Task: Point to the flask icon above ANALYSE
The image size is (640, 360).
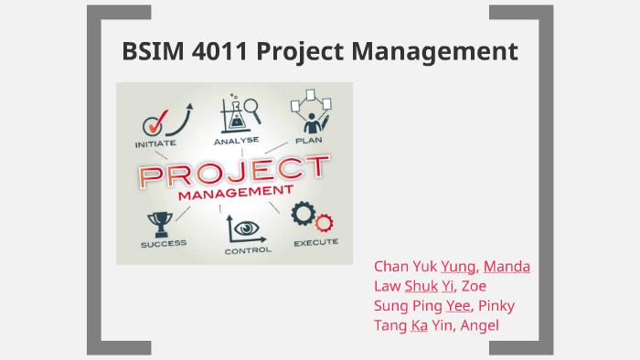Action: pos(236,114)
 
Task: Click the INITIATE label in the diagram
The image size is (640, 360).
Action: pos(156,143)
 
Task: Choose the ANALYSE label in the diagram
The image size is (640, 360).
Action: pos(236,142)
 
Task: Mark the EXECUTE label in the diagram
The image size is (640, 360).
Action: pos(315,243)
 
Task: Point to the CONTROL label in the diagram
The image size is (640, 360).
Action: pos(247,249)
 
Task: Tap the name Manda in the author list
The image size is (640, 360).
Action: pos(507,267)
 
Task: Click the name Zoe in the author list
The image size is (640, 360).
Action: pos(474,286)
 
